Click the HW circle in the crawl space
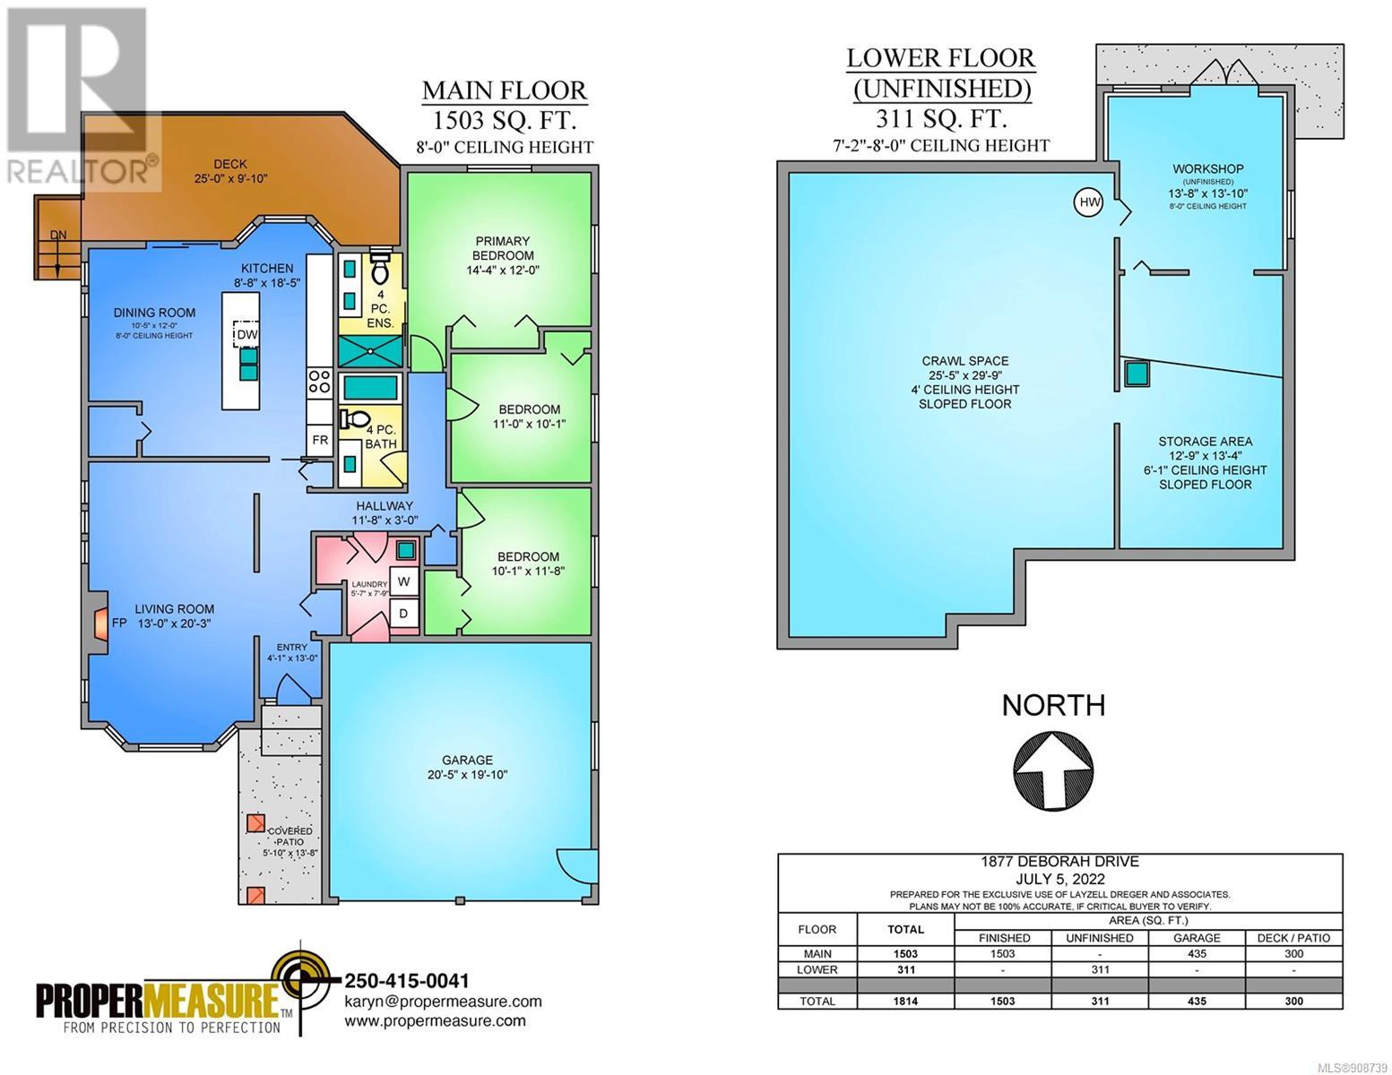(x=1088, y=203)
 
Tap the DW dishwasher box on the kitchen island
(x=246, y=333)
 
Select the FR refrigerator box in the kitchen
(x=320, y=440)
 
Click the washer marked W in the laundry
(x=403, y=581)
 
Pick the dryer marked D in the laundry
(x=403, y=614)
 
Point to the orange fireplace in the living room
(x=100, y=623)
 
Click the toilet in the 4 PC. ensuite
(x=379, y=270)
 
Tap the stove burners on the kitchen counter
(x=319, y=382)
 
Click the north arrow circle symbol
(x=1053, y=772)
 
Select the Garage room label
(x=467, y=760)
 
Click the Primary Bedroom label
(x=503, y=248)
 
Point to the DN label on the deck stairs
(x=58, y=235)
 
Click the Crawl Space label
(x=964, y=361)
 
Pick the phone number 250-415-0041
(x=407, y=980)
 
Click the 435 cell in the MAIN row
(x=1197, y=953)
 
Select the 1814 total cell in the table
(x=905, y=1001)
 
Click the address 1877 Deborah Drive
(x=1060, y=861)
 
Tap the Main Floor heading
(x=505, y=90)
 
